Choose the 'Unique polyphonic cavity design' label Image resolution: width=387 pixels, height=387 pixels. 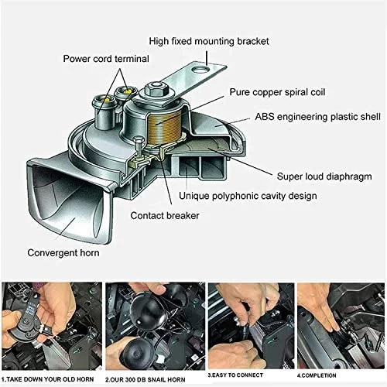(248, 196)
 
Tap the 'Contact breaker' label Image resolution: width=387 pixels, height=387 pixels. (166, 216)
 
